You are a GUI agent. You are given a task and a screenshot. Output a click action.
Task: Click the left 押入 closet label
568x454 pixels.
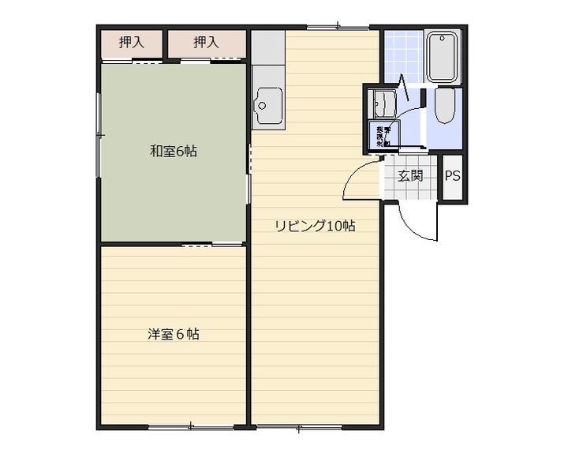pyautogui.click(x=131, y=43)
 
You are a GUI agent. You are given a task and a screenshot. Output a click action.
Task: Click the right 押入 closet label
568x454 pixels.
pyautogui.click(x=205, y=43)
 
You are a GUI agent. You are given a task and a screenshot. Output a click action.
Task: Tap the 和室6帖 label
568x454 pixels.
pyautogui.click(x=174, y=151)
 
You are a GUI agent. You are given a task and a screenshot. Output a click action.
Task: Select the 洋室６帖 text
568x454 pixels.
pyautogui.click(x=173, y=334)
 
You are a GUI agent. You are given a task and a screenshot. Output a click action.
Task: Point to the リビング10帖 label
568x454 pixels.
pyautogui.click(x=315, y=227)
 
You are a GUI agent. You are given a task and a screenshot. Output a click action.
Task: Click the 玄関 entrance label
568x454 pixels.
pyautogui.click(x=410, y=175)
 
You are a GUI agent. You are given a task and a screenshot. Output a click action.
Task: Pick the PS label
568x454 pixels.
pyautogui.click(x=452, y=176)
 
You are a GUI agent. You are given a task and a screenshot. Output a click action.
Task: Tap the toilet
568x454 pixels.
pyautogui.click(x=443, y=106)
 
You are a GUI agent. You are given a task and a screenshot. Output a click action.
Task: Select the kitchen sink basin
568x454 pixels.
pyautogui.click(x=269, y=103)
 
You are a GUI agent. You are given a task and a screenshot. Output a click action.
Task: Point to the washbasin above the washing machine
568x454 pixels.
pyautogui.click(x=385, y=103)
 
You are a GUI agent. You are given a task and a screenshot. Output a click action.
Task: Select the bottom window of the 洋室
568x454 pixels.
pyautogui.click(x=190, y=427)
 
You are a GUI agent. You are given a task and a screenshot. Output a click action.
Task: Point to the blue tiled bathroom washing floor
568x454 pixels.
pyautogui.click(x=402, y=55)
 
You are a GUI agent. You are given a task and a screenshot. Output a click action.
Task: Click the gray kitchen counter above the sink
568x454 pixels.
pyautogui.click(x=268, y=59)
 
